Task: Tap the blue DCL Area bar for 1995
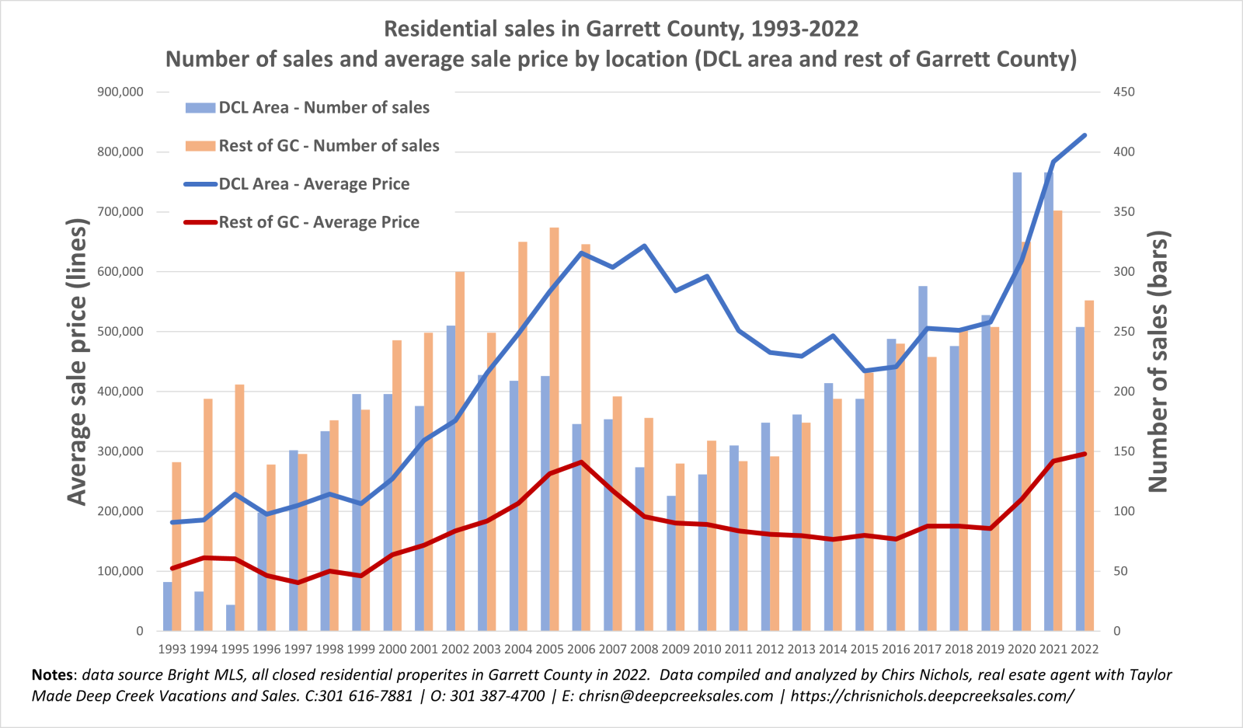[231, 618]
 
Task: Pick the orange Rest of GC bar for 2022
[1089, 466]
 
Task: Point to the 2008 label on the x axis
[644, 649]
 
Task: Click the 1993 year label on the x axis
[172, 649]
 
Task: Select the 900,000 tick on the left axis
[120, 92]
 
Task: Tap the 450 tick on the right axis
[1123, 92]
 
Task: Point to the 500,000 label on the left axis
[120, 332]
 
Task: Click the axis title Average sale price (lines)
[77, 361]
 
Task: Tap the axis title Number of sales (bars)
[1158, 361]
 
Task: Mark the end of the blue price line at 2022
[1085, 135]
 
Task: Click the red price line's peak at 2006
[581, 462]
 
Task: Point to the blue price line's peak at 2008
[644, 246]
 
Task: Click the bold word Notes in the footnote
[54, 674]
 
